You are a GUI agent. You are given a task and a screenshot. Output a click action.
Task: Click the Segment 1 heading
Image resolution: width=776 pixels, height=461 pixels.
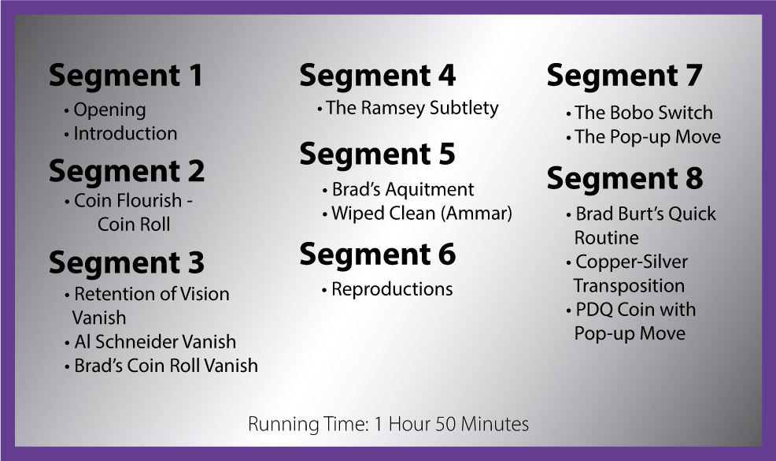point(126,76)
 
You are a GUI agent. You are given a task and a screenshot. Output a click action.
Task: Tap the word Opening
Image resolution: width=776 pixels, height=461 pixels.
point(109,110)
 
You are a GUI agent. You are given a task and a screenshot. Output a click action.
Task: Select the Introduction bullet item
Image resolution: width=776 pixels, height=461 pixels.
point(120,133)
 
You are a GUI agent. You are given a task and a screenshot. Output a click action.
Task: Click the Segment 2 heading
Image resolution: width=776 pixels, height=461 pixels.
point(126,172)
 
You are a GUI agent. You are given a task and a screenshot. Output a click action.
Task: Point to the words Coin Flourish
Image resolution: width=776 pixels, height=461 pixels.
point(127,201)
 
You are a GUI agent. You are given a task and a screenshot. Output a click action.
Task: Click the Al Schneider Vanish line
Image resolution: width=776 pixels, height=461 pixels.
point(150,341)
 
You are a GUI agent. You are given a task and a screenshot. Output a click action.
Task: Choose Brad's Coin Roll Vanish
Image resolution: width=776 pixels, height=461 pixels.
point(161,366)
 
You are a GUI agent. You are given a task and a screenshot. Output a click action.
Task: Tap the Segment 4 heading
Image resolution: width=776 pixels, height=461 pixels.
point(377,76)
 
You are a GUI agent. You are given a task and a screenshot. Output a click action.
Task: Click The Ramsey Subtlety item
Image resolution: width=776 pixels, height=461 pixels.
point(408,108)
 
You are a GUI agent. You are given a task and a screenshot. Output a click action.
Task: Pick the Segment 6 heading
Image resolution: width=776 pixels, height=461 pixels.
point(377,255)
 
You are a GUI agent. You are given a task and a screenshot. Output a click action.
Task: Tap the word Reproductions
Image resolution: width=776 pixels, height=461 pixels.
point(392,289)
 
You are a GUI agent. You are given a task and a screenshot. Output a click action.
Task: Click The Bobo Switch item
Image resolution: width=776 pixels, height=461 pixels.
point(639,113)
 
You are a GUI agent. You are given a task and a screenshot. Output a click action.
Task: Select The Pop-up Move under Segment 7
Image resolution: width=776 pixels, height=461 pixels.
point(643,137)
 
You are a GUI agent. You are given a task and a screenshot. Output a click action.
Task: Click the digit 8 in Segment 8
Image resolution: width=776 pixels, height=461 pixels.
point(694,178)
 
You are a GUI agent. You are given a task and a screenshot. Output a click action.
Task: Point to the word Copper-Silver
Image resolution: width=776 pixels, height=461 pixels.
point(631,262)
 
